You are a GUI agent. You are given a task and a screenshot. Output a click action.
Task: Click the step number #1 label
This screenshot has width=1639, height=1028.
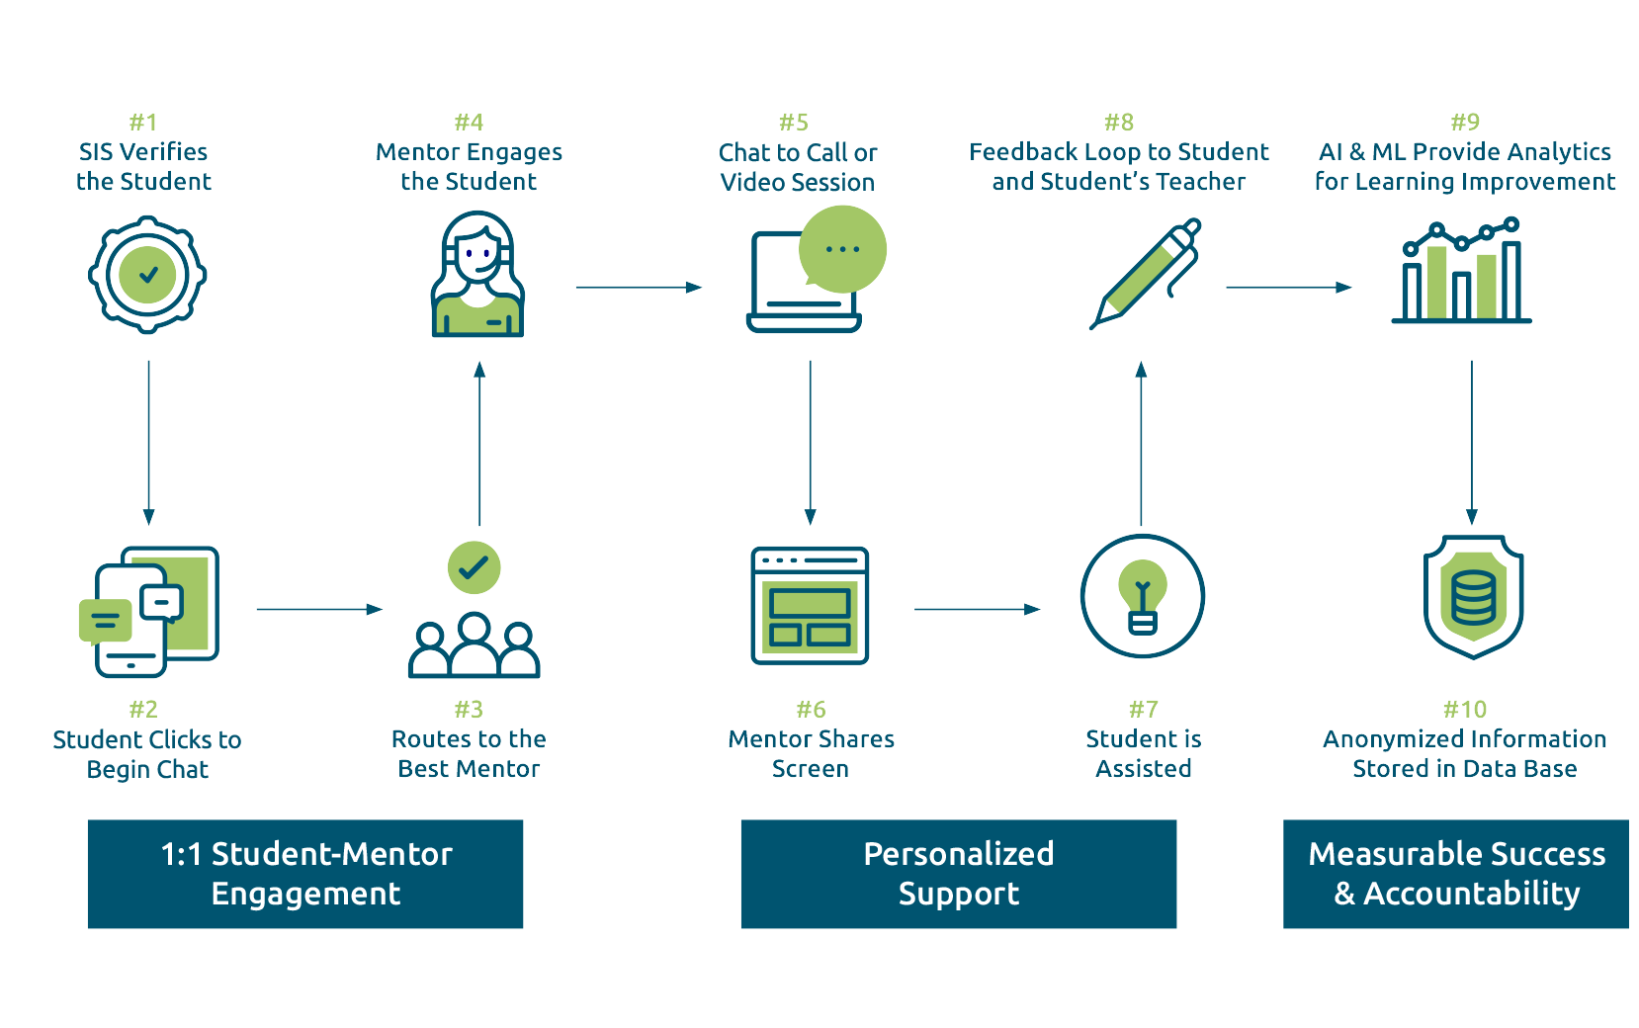[143, 123]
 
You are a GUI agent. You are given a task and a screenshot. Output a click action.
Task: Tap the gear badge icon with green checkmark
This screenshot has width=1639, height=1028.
[147, 275]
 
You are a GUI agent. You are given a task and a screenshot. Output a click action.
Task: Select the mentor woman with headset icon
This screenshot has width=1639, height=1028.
[477, 274]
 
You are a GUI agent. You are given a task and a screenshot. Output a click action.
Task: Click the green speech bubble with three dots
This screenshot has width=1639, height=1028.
[842, 249]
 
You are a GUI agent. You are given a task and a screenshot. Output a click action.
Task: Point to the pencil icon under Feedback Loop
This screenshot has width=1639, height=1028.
[1146, 274]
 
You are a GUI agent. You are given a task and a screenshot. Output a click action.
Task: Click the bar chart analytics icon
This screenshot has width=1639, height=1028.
[1461, 270]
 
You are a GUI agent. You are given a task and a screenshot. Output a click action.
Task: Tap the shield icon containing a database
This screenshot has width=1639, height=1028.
[1473, 596]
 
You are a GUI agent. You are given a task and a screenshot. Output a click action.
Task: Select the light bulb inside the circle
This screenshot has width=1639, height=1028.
[1142, 597]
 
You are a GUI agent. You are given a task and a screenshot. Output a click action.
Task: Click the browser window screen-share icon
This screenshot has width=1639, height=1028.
[810, 606]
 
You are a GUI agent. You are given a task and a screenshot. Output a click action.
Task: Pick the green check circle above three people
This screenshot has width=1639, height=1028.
[474, 567]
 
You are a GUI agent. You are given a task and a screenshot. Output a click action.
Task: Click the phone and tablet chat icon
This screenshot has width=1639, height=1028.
[149, 612]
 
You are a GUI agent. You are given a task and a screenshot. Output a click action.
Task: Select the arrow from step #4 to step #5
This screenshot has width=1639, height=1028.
[639, 288]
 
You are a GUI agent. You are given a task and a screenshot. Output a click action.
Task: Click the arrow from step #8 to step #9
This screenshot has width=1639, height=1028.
[1288, 288]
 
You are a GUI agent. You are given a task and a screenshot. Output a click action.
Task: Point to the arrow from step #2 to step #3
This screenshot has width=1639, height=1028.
[319, 609]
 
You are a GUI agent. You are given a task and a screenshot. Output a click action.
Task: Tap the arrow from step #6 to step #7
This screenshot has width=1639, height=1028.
[978, 609]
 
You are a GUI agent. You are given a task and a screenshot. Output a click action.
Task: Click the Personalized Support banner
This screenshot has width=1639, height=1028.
[959, 874]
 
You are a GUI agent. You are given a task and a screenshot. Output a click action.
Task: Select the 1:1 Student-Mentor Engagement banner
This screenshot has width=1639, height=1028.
[305, 874]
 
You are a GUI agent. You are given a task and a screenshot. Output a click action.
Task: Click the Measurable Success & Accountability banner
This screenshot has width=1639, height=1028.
[1456, 874]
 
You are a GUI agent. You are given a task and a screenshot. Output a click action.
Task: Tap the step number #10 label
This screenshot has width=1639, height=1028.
[1465, 709]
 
